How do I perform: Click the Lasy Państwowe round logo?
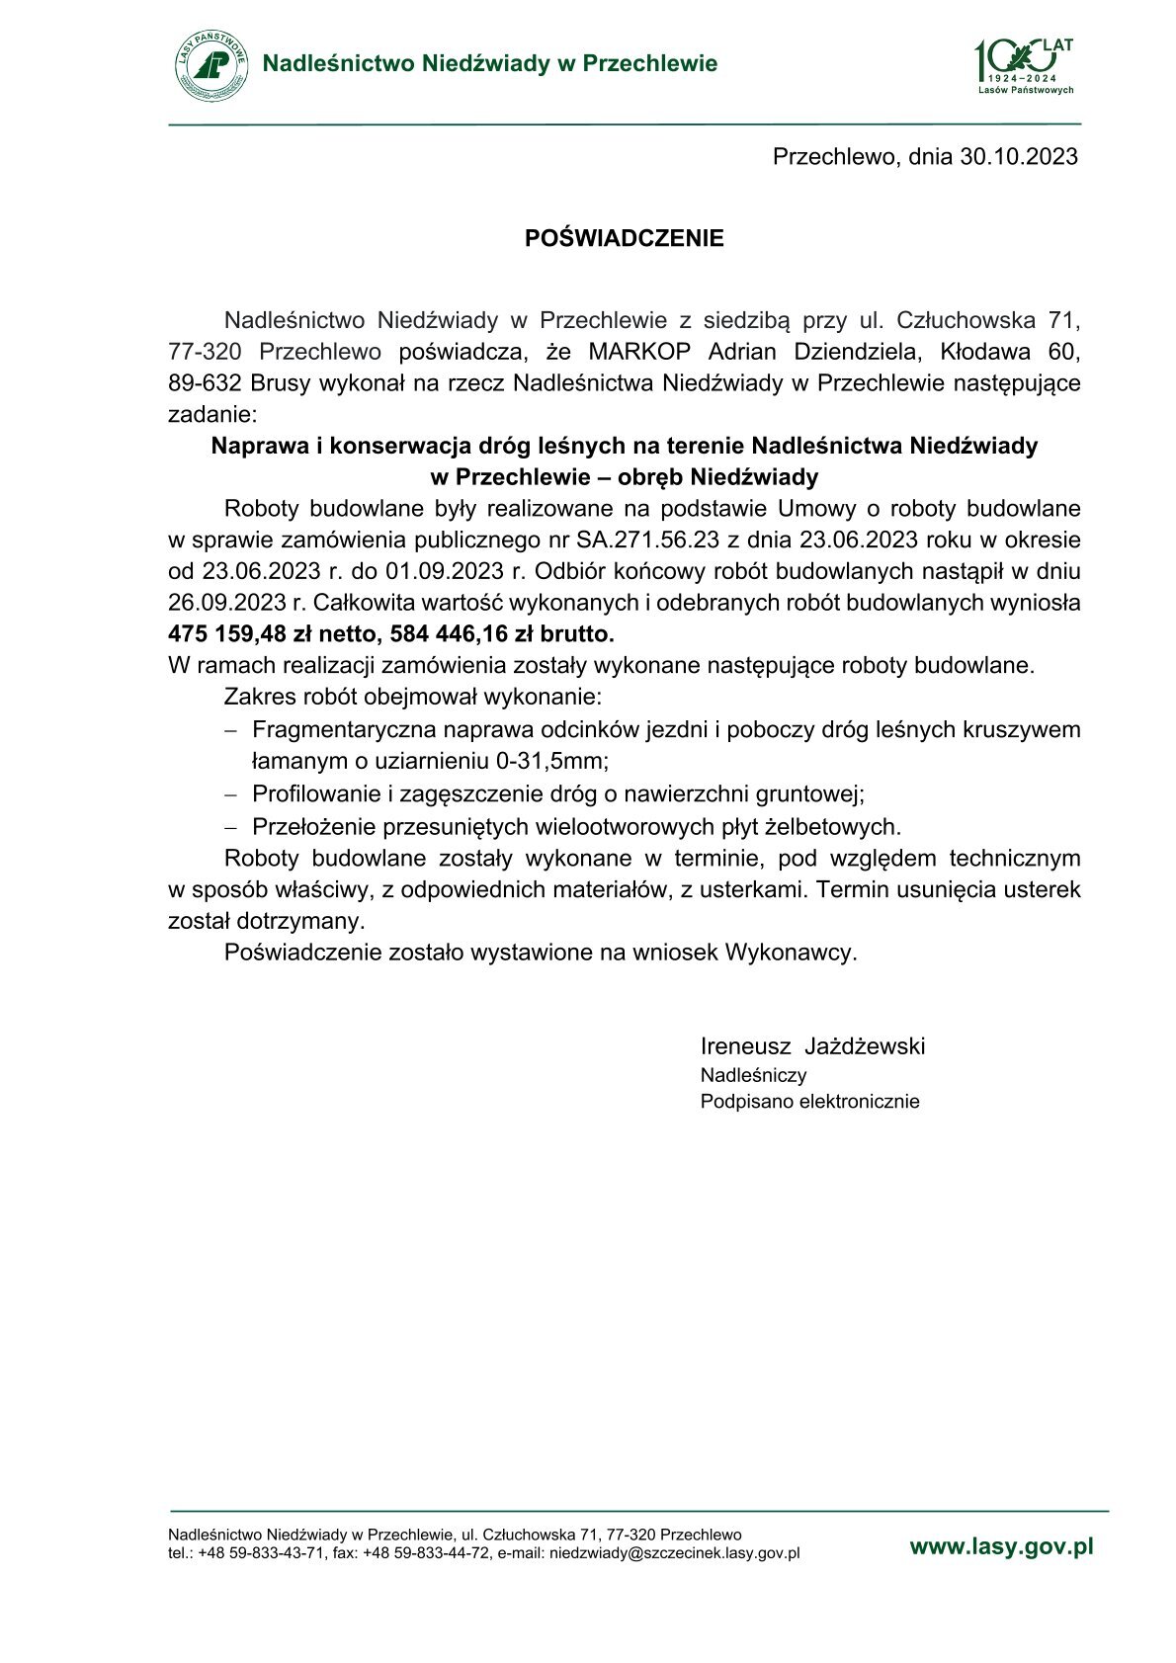point(211,65)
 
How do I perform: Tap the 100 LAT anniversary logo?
point(1024,65)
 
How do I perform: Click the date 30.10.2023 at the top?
point(1019,156)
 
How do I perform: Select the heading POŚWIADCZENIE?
point(624,238)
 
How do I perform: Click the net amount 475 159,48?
point(227,633)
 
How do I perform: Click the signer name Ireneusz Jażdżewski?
point(812,1046)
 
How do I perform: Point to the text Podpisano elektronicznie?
point(809,1102)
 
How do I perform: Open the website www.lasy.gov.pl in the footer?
point(1001,1547)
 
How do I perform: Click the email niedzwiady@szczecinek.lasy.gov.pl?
point(674,1553)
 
